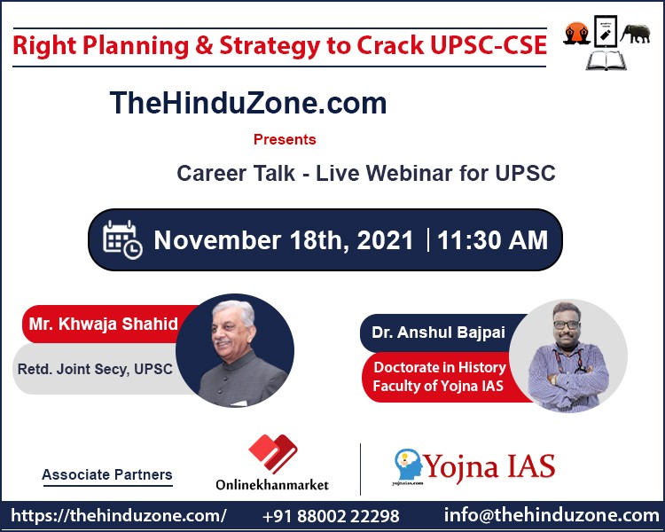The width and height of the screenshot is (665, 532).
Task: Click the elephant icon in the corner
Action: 636,34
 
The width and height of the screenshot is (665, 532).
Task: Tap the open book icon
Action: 606,59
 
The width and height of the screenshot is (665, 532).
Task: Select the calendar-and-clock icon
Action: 122,239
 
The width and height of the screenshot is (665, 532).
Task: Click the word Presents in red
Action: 285,139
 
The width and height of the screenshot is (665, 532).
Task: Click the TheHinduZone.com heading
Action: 248,103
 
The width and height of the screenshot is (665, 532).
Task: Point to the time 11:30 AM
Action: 492,239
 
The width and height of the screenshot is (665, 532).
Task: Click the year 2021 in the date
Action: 385,240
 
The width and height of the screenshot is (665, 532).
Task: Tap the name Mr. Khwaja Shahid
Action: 103,324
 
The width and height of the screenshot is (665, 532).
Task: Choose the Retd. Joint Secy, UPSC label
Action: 95,369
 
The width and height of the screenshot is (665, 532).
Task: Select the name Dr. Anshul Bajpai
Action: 438,332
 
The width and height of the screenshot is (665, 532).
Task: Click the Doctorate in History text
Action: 440,367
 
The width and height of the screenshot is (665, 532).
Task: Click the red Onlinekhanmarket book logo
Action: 273,453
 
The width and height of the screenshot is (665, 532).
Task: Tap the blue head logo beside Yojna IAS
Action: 408,464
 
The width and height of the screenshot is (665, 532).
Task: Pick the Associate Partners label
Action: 107,474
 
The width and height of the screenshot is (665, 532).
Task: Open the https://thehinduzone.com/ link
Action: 119,516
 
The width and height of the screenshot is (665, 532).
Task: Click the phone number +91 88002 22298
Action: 331,516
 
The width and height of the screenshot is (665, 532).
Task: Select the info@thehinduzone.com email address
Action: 552,515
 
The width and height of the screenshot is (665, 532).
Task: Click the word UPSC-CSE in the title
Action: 489,45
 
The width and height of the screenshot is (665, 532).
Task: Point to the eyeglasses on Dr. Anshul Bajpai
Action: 567,325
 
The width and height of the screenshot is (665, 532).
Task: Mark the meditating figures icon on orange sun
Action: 577,34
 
